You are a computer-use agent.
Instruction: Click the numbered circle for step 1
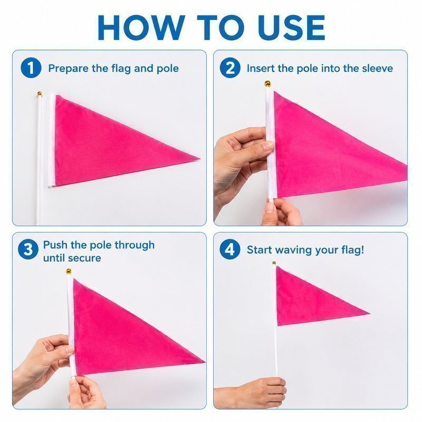click(x=31, y=68)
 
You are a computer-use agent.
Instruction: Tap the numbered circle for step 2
click(x=230, y=68)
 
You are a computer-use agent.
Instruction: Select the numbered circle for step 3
click(x=28, y=250)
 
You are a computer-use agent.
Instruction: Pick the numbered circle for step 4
click(x=230, y=250)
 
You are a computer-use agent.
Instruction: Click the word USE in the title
click(x=292, y=27)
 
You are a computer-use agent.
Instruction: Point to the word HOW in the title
click(x=141, y=27)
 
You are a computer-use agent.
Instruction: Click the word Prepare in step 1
click(x=69, y=69)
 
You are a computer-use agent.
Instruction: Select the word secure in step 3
click(x=85, y=258)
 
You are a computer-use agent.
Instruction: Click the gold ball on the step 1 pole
click(x=40, y=94)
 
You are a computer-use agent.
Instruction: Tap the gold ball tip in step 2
click(x=267, y=84)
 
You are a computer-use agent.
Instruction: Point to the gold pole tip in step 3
click(x=69, y=271)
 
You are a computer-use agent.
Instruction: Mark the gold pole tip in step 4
click(x=274, y=263)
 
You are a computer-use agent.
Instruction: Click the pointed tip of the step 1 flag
click(x=200, y=159)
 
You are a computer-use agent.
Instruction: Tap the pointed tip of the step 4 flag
click(x=370, y=313)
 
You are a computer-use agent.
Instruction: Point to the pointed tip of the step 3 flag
click(x=205, y=361)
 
